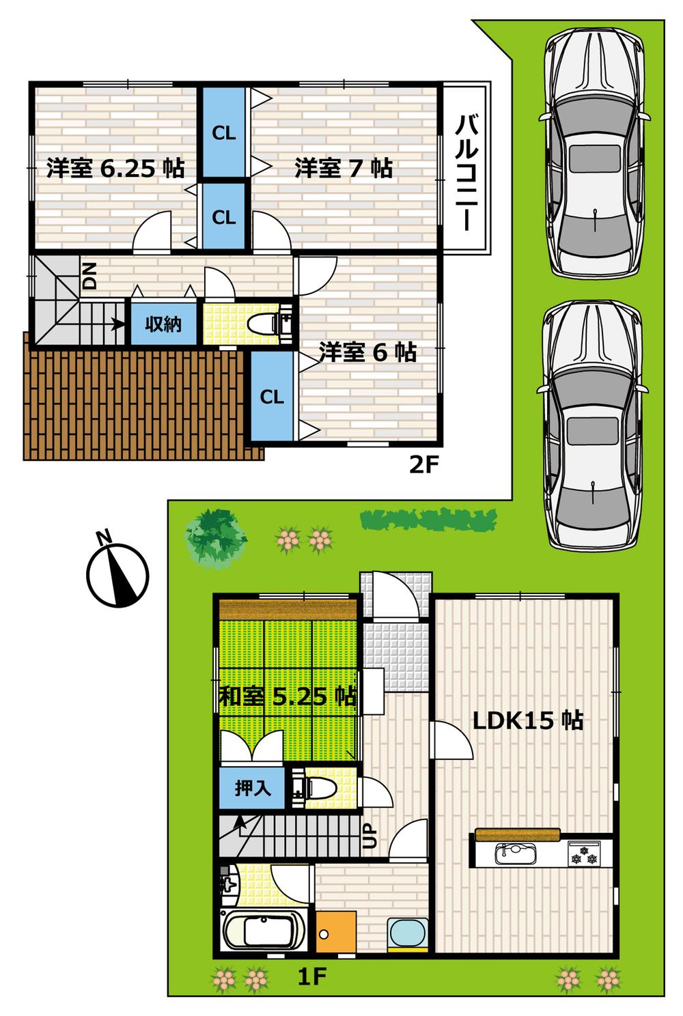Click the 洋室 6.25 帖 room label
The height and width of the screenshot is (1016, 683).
coord(115,168)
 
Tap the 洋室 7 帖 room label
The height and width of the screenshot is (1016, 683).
coord(343,168)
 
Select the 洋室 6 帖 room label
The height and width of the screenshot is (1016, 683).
coord(367,352)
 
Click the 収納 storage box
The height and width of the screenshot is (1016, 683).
coord(163,324)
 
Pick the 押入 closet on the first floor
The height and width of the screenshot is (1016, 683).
coord(253,789)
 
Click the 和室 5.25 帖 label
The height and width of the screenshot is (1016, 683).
coord(288,696)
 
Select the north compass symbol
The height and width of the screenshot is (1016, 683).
coord(117,571)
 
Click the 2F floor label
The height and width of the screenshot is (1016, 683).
coord(422,466)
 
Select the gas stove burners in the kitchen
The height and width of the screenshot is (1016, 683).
coord(584,854)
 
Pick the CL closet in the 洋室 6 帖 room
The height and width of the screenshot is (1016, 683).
coord(272,397)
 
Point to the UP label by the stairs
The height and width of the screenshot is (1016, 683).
coord(370,835)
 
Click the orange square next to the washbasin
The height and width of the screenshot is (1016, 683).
coord(336,930)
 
